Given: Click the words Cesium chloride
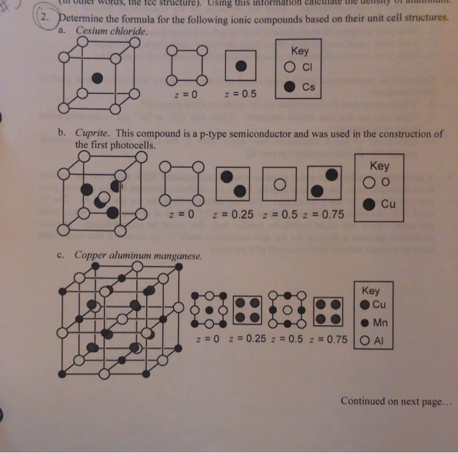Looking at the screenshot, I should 112,31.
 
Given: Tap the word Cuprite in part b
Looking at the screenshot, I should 93,134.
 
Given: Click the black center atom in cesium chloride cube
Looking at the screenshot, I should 97,78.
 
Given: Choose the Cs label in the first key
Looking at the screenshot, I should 309,86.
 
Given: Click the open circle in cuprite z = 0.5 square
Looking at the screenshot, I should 279,184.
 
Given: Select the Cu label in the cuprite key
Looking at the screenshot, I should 388,203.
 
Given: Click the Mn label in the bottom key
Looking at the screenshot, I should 380,322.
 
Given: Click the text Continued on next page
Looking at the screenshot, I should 395,401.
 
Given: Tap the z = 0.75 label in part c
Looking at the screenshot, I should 328,341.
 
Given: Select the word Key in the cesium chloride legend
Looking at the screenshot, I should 299,50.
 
